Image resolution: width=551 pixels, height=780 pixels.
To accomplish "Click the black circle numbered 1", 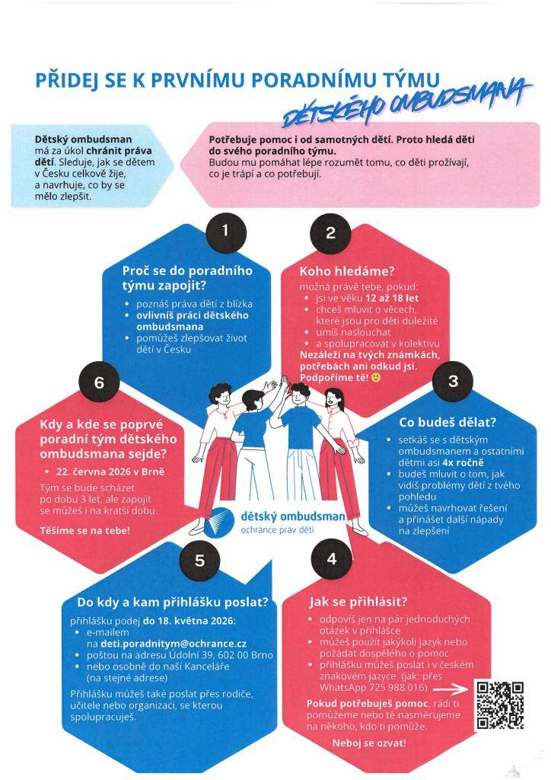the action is coord(226,232).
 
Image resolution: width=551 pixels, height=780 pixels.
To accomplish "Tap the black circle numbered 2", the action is coord(330,233).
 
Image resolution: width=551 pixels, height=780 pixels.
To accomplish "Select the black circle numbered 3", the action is coord(453,382).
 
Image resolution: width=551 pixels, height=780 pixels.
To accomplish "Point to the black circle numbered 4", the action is coord(332,558).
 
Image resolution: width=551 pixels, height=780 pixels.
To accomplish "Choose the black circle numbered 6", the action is coord(100,382).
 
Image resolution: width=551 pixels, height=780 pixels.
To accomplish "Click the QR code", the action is coord(499,705).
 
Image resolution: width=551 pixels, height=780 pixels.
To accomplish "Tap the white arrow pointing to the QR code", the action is coord(451,689).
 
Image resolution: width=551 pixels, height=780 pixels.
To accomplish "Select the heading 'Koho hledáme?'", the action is coord(347,271).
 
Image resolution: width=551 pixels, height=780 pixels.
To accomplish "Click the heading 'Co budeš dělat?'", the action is coord(447,422).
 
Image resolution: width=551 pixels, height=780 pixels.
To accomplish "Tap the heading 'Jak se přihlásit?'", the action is coord(358,602).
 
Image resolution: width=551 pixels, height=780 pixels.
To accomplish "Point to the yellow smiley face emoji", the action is coord(376,378).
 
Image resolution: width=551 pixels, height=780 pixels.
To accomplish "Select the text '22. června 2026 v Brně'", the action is coord(110,472).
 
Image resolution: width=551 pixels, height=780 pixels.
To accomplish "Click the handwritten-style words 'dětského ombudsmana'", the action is coord(406,104).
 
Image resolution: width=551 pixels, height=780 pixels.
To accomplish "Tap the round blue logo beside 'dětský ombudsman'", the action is coord(222,521).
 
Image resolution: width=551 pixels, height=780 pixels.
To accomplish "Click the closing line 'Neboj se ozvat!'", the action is coord(369,743).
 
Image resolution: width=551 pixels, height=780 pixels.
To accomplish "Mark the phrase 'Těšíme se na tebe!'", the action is coord(85,531).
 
